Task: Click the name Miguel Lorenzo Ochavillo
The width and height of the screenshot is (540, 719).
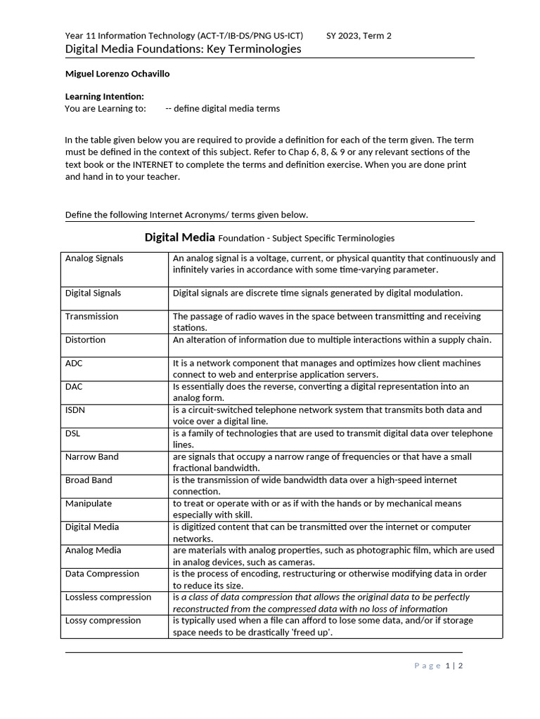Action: pyautogui.click(x=117, y=74)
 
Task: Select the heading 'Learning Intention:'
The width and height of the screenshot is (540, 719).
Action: pyautogui.click(x=105, y=96)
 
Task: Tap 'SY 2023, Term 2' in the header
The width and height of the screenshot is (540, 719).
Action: pyautogui.click(x=359, y=36)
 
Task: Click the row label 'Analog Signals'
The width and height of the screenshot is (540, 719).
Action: pyautogui.click(x=94, y=258)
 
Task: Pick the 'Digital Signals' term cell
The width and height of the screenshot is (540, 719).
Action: pyautogui.click(x=93, y=293)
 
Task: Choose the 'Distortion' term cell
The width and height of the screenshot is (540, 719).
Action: pyautogui.click(x=86, y=340)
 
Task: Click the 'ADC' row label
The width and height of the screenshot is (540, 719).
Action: pyautogui.click(x=75, y=364)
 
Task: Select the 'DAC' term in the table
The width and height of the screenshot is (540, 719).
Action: pyautogui.click(x=75, y=387)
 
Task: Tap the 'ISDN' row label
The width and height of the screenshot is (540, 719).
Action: pyautogui.click(x=75, y=410)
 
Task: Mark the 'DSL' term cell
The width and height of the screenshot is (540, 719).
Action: pyautogui.click(x=74, y=433)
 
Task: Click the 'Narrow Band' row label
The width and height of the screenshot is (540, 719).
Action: pyautogui.click(x=92, y=457)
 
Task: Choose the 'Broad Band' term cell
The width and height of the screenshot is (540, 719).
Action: pyautogui.click(x=89, y=480)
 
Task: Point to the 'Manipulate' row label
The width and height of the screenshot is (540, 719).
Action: pyautogui.click(x=89, y=503)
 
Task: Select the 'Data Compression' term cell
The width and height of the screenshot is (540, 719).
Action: pyautogui.click(x=103, y=574)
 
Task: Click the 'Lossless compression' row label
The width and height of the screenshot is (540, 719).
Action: pyautogui.click(x=108, y=598)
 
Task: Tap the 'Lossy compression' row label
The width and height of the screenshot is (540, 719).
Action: pyautogui.click(x=103, y=621)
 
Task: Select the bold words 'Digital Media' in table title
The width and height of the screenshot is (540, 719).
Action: pyautogui.click(x=180, y=237)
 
